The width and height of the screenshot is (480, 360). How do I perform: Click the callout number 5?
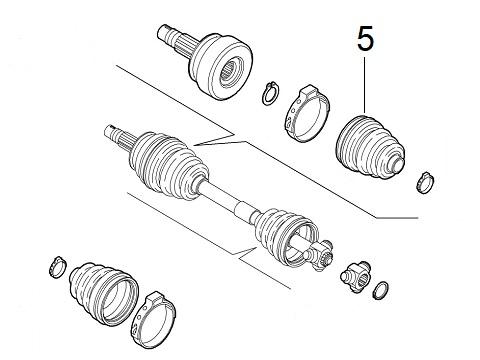pos(365,41)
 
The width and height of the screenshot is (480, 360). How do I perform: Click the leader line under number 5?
pos(365,85)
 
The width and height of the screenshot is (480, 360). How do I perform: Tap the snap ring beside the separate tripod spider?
pos(381,291)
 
